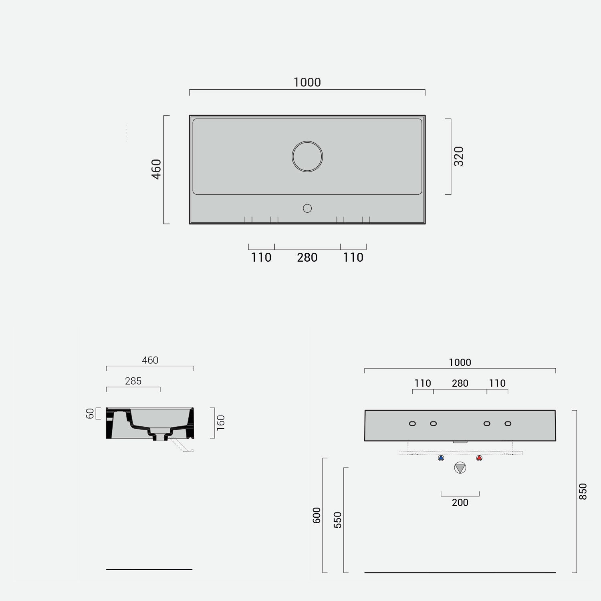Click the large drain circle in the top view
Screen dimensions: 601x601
(x=307, y=157)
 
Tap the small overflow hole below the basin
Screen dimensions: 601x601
(x=307, y=208)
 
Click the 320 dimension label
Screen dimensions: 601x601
(x=459, y=156)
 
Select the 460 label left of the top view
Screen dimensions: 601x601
(x=156, y=169)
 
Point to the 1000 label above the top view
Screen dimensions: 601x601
(x=307, y=83)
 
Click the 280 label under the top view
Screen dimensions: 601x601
(x=307, y=258)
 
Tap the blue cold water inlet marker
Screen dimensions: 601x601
(x=441, y=458)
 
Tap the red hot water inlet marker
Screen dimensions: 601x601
(x=479, y=458)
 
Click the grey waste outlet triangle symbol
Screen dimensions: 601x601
(x=460, y=468)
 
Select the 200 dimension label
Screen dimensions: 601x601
(x=460, y=502)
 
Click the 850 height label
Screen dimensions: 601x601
(x=583, y=491)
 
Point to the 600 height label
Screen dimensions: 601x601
(x=317, y=515)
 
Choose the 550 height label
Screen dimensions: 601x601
(x=338, y=520)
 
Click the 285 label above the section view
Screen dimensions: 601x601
(x=133, y=381)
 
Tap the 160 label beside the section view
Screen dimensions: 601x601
(x=221, y=423)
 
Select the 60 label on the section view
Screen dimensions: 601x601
(x=90, y=413)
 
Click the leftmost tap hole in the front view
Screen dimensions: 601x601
(x=412, y=424)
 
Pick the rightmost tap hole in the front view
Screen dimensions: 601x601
(x=508, y=424)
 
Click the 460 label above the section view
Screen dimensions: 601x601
(x=150, y=360)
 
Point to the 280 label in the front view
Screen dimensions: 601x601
(x=460, y=383)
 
